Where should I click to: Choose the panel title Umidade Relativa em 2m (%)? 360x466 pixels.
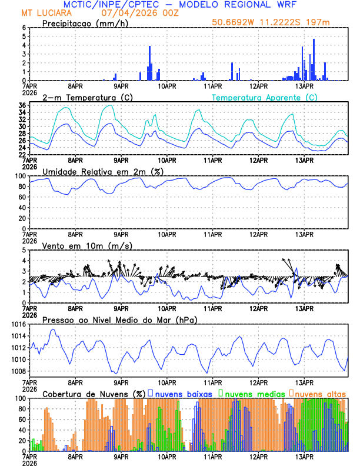103,171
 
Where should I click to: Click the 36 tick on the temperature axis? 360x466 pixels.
21,105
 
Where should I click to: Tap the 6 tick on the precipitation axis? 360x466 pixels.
24,28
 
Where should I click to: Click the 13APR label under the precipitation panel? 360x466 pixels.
304,85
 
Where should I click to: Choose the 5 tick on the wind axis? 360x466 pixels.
24,250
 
